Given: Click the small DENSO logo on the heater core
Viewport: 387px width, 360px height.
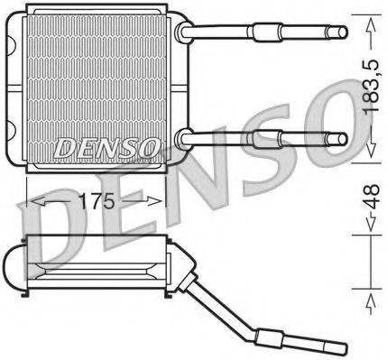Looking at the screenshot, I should click(106, 145).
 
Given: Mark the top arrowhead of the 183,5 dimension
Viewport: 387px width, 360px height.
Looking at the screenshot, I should click(368, 27).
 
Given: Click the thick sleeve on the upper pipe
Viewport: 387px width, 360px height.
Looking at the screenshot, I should click(265, 32).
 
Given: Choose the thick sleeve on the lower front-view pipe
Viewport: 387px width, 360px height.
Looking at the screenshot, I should click(265, 138).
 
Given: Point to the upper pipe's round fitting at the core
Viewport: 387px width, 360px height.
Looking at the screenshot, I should click(186, 32).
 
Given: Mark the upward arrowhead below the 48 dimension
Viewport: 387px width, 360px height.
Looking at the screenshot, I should click(368, 298).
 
